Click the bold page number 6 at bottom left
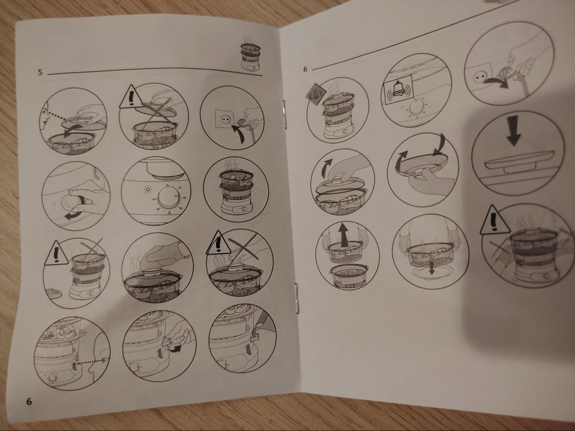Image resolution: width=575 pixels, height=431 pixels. tap(28, 401)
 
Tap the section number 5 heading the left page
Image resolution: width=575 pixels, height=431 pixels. tap(41, 73)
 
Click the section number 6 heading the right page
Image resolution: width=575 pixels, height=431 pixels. tap(305, 69)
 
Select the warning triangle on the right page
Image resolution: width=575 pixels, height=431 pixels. tap(494, 220)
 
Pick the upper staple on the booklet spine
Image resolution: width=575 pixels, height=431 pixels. tap(285, 113)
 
